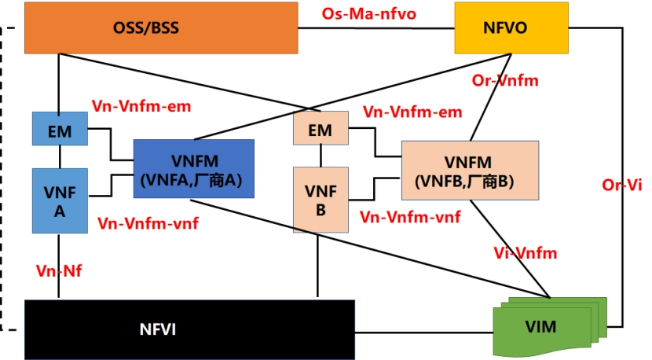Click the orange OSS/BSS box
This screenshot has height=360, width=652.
tap(162, 28)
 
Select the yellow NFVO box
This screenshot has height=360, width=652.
tap(511, 28)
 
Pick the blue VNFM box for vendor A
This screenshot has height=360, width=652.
tap(194, 168)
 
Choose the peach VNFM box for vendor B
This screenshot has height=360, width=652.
tap(469, 169)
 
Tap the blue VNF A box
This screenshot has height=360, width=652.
tap(60, 200)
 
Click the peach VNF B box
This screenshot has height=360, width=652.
tap(320, 200)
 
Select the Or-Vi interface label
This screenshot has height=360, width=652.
tap(621, 186)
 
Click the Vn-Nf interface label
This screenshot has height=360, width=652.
tap(60, 270)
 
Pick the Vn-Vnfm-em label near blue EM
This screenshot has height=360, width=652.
tap(141, 105)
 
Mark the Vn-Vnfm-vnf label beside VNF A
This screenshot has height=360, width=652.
tap(148, 222)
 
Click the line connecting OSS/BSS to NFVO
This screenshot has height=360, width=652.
tap(377, 28)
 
